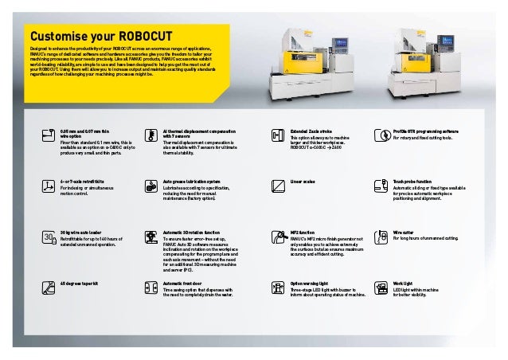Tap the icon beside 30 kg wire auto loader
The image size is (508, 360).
click(x=49, y=237)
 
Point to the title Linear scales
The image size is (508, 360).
click(x=303, y=181)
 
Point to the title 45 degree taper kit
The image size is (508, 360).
click(x=80, y=283)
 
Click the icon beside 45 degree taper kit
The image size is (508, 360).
click(x=49, y=288)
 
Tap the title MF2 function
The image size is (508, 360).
click(x=301, y=232)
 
